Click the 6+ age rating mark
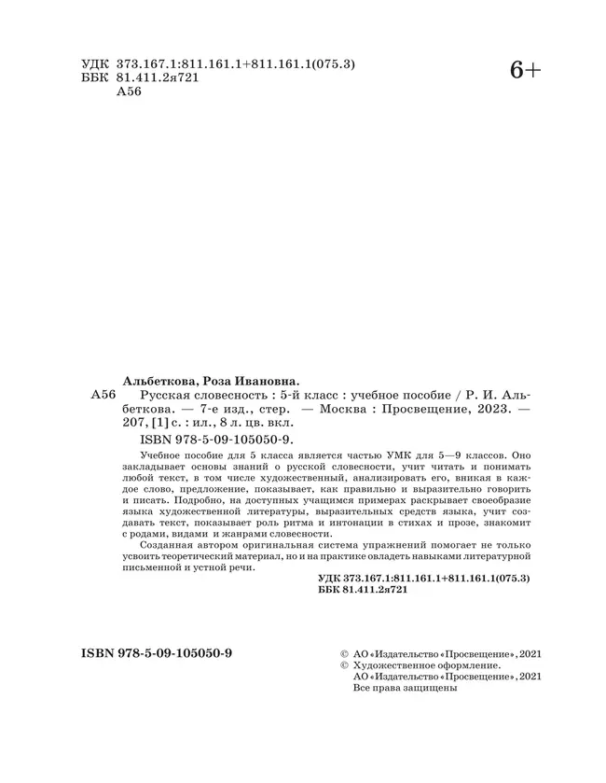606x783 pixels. [x=525, y=70]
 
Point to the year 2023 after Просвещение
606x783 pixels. [x=488, y=409]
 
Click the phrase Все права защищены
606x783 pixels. [x=406, y=691]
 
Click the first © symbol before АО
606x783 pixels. [x=346, y=654]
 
